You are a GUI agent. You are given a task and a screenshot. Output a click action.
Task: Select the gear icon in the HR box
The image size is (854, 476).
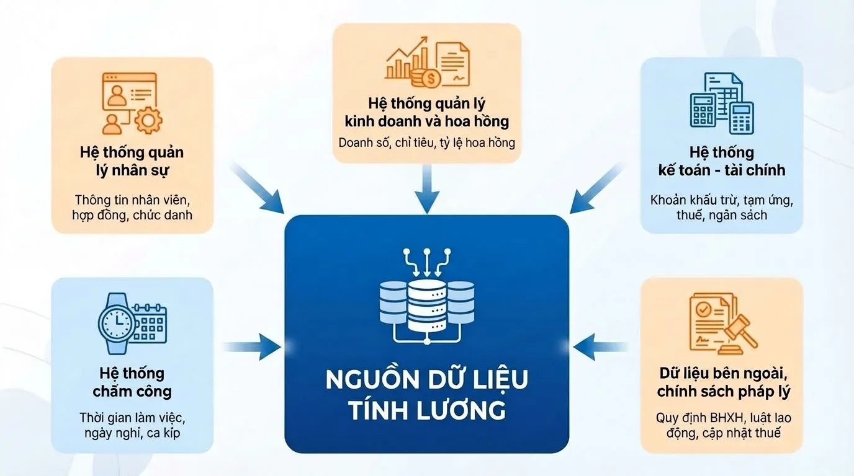click(148, 120)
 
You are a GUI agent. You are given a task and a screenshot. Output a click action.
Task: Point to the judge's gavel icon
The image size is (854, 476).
click(740, 335)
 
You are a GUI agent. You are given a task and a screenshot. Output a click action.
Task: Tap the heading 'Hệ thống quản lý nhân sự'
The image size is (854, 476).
click(132, 161)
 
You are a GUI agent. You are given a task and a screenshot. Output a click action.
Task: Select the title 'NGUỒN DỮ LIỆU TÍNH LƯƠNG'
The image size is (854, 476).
click(426, 395)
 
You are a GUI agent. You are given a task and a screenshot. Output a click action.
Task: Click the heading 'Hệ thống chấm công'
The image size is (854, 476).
click(132, 382)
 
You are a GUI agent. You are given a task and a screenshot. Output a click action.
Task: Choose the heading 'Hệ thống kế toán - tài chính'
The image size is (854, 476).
click(722, 161)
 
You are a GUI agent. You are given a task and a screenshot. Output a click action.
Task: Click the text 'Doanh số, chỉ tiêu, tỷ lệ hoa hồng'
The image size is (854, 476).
click(426, 143)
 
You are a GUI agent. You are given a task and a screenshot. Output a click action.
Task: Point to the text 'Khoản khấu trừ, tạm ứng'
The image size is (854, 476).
click(722, 201)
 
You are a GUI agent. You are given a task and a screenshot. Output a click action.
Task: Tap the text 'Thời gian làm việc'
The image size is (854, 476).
click(132, 417)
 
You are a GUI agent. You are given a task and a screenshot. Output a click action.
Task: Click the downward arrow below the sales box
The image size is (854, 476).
click(426, 189)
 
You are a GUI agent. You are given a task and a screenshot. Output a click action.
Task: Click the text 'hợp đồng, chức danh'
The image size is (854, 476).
click(132, 216)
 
